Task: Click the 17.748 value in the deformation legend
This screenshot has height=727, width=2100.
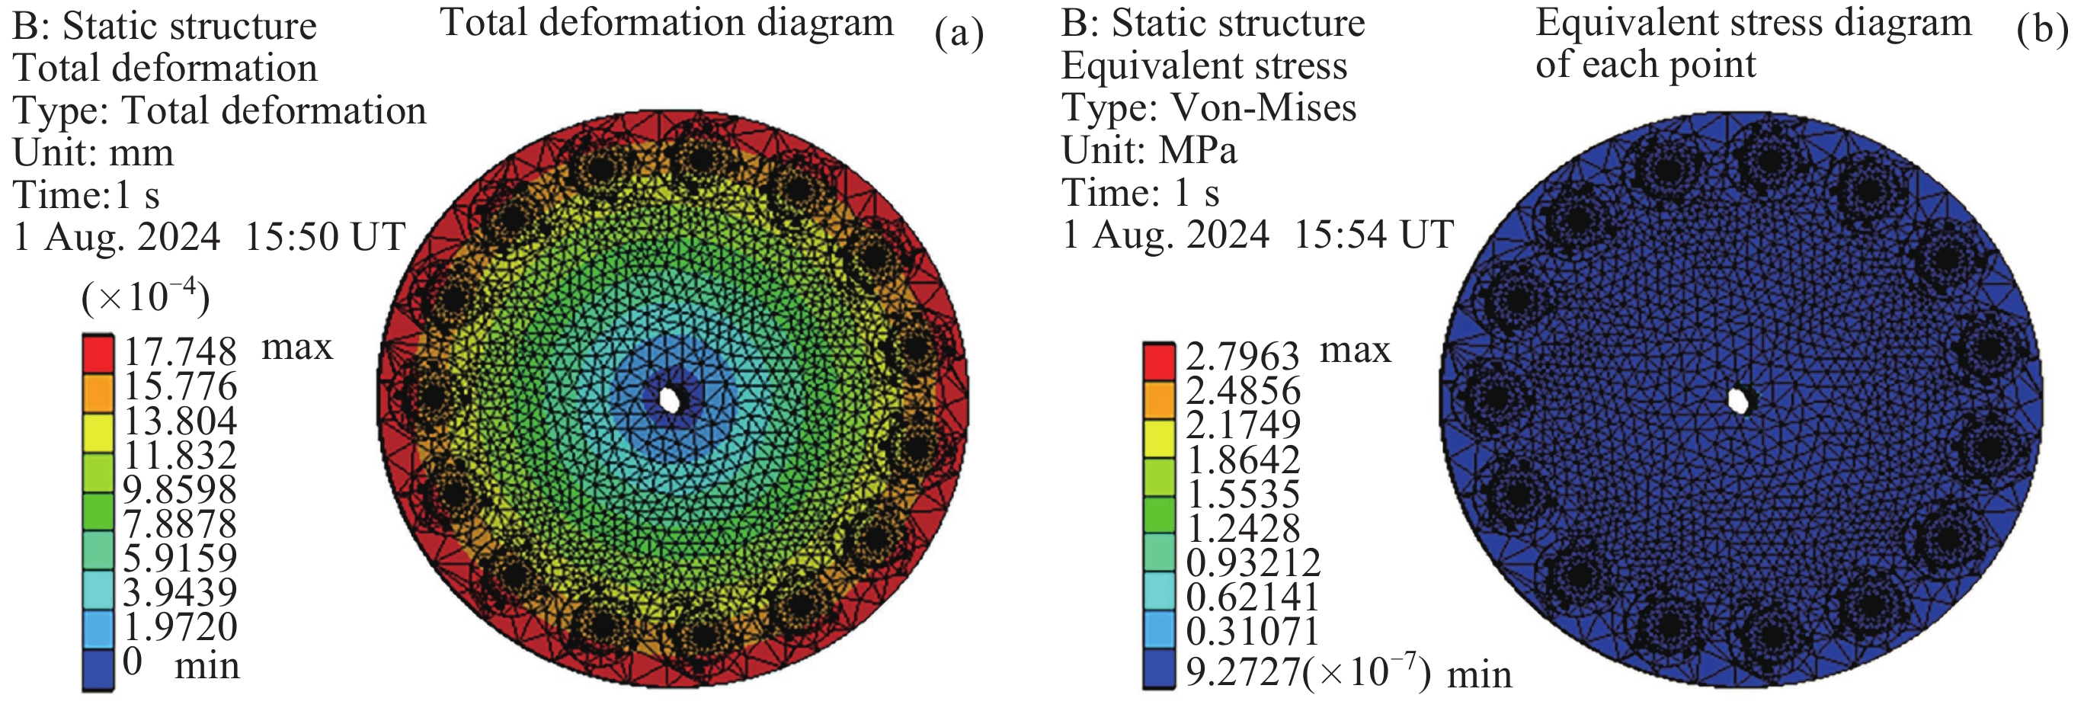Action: click(179, 352)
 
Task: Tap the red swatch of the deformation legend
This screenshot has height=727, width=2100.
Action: click(98, 353)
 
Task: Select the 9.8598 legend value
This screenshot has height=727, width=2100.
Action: click(179, 489)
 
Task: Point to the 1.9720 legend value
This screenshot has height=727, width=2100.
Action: click(179, 626)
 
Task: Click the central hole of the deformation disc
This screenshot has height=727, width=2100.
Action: click(670, 399)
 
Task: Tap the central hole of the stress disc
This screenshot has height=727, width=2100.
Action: click(1738, 400)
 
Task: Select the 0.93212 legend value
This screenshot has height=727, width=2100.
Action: click(1252, 562)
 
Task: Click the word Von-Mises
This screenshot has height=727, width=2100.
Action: click(1263, 107)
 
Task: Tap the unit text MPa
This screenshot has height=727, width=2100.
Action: click(1198, 150)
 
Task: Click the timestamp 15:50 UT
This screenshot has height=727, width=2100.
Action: click(325, 237)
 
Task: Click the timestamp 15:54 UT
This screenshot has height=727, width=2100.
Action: click(1374, 235)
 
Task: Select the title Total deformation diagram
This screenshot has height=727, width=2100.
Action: click(667, 23)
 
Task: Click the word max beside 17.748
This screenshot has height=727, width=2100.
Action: click(296, 347)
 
